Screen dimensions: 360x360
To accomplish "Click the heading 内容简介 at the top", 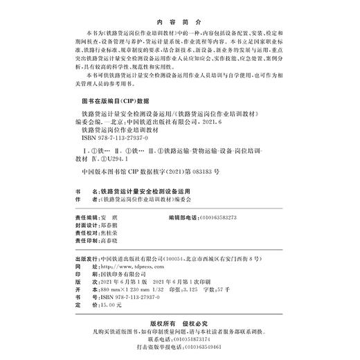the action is click(x=180, y=21).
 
